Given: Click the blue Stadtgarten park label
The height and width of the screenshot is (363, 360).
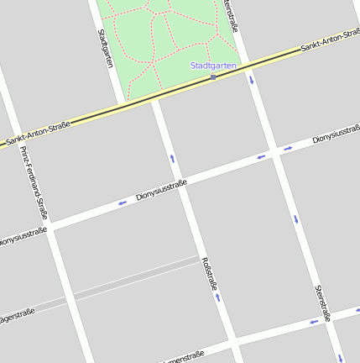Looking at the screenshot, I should (x=213, y=65).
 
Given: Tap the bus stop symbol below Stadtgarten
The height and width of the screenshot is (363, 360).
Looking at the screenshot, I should (x=213, y=77).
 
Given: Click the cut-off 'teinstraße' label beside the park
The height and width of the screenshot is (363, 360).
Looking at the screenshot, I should (x=232, y=15).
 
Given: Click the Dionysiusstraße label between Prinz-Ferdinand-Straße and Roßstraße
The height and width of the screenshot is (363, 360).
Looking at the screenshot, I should (x=160, y=190).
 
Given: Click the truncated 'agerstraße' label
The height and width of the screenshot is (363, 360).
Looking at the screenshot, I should (x=17, y=317).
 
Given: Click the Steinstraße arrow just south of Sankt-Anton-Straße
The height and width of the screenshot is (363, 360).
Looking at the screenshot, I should (x=251, y=81).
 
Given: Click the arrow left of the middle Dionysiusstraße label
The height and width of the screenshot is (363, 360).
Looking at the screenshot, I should (x=123, y=202).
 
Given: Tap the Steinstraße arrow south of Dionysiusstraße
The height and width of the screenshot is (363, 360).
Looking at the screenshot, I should (x=295, y=220).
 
